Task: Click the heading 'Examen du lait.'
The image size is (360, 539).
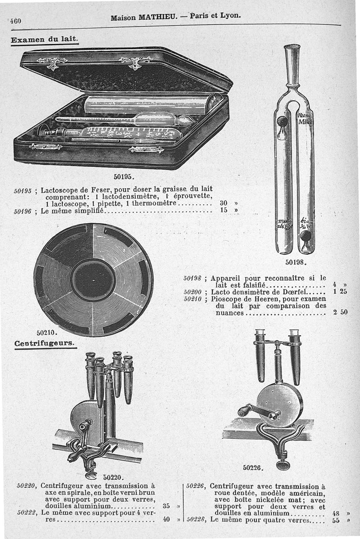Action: point(45,39)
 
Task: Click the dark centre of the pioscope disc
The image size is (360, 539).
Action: point(93,280)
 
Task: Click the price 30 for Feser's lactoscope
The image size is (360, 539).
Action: point(224,202)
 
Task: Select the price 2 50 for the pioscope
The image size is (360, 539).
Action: point(340,312)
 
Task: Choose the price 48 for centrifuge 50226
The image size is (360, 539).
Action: point(336,512)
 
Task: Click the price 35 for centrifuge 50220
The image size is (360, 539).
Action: point(166,505)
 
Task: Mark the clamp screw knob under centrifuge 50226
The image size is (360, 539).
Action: point(283,465)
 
